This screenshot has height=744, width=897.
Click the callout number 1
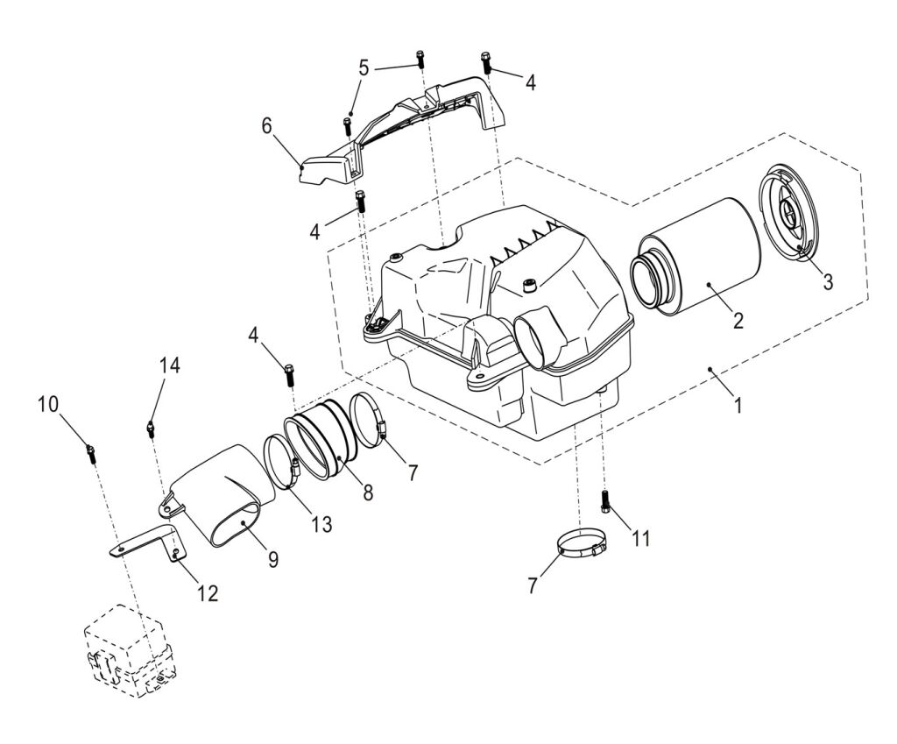pos(738,406)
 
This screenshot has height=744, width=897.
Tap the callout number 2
pos(738,320)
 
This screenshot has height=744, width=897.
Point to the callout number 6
pos(267,125)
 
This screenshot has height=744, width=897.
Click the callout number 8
pos(368,492)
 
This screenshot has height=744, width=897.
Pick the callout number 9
pos(273,558)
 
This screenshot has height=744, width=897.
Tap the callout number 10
pos(48,404)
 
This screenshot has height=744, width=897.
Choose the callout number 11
pos(641,538)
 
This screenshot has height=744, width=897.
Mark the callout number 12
pos(207,593)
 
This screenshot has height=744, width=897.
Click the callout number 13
pos(321,524)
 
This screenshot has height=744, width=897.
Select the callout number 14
pos(169,366)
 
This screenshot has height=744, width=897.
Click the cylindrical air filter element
pos(696,259)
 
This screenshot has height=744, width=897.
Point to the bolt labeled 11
pos(605,503)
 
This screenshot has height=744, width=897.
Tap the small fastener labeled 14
pos(151,428)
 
